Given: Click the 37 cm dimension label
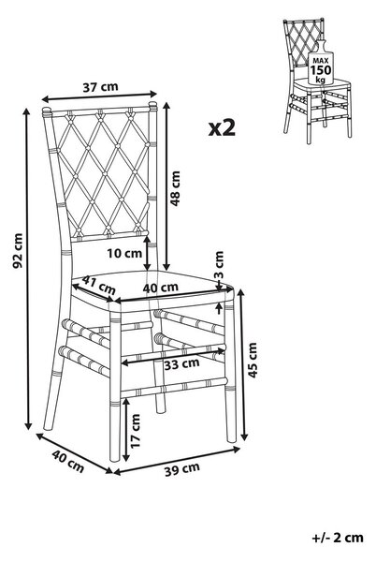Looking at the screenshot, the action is pyautogui.click(x=100, y=87).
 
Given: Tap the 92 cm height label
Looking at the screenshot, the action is pyautogui.click(x=18, y=250).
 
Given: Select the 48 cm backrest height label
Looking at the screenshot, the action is pyautogui.click(x=175, y=188).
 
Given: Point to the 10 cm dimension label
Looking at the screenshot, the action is pyautogui.click(x=124, y=253).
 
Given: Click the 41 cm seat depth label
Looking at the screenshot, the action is pyautogui.click(x=99, y=284).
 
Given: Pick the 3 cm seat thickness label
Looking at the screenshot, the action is pyautogui.click(x=219, y=266).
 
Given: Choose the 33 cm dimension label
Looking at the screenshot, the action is pyautogui.click(x=181, y=363).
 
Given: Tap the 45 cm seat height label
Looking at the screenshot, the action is pyautogui.click(x=253, y=360).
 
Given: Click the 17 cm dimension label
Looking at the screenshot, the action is pyautogui.click(x=136, y=431).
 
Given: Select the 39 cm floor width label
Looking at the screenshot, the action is pyautogui.click(x=182, y=469).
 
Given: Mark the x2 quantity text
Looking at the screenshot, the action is pyautogui.click(x=222, y=128).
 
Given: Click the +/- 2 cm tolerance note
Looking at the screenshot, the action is pyautogui.click(x=338, y=538).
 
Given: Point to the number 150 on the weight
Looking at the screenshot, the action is pyautogui.click(x=321, y=70).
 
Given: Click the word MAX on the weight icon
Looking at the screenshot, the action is pyautogui.click(x=321, y=61).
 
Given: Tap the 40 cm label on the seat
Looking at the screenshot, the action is pyautogui.click(x=161, y=288).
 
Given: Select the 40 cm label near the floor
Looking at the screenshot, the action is pyautogui.click(x=68, y=461).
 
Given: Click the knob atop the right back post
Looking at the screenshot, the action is pyautogui.click(x=152, y=106).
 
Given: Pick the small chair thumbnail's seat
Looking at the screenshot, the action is pyautogui.click(x=322, y=85).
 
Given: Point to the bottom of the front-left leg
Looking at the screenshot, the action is pyautogui.click(x=115, y=460).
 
